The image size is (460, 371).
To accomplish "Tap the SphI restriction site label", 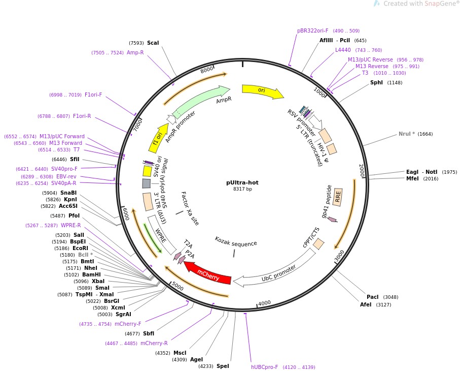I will pyautogui.click(x=376, y=82).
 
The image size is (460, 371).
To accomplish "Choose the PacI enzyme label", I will pyautogui.click(x=372, y=297).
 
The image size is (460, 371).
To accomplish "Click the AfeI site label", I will pyautogui.click(x=366, y=304).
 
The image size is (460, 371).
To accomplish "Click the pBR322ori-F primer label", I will pyautogui.click(x=313, y=30).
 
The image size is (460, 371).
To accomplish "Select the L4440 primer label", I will pyautogui.click(x=343, y=50).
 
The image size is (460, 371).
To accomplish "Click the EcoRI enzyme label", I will pyautogui.click(x=80, y=248).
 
